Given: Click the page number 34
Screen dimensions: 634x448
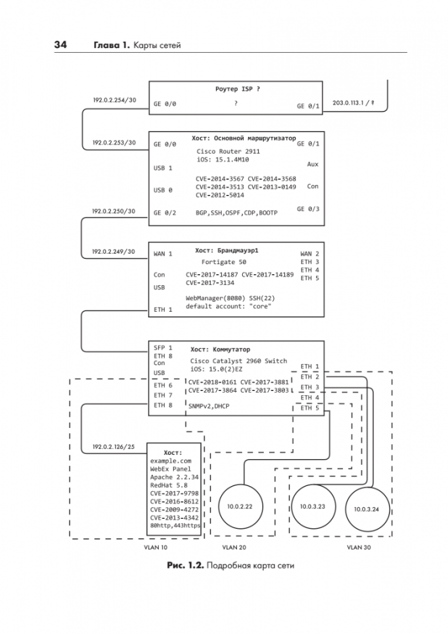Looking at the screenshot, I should tap(60, 45).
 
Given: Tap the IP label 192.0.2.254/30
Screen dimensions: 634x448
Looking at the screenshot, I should tap(114, 100).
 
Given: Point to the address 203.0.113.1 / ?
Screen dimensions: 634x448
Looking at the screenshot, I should tap(354, 103).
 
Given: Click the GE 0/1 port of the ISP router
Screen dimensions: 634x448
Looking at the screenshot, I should tap(308, 106).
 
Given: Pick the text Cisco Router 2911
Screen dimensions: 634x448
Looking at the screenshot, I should tap(228, 151).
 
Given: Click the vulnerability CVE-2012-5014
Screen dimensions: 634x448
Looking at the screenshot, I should tap(220, 195).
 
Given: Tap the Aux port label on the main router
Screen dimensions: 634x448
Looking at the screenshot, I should tap(313, 165).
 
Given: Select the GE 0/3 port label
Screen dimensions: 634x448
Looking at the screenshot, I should tap(308, 209).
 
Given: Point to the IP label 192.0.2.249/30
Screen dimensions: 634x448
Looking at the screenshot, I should tap(113, 251).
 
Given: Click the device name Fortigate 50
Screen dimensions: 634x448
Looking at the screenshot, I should tap(224, 262).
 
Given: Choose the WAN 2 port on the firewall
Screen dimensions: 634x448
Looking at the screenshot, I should tap(310, 254).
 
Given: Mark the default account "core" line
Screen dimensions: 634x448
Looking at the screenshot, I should tap(228, 306).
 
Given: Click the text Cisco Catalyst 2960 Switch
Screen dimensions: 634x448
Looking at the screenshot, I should tap(238, 360).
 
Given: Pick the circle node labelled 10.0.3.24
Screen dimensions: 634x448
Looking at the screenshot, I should tap(366, 509).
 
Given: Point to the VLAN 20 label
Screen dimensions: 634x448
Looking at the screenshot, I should tap(235, 547).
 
